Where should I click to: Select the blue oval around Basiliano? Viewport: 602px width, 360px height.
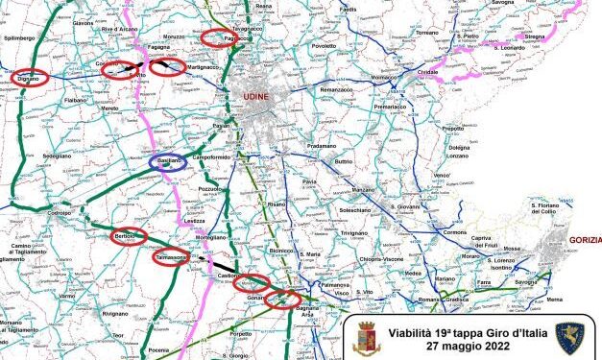tap(168, 163)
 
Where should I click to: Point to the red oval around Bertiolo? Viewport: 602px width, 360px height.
tap(128, 236)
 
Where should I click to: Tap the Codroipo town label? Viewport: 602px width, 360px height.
tap(60, 212)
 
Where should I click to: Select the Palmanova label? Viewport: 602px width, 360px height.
tap(332, 285)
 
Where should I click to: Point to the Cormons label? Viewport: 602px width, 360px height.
tap(455, 233)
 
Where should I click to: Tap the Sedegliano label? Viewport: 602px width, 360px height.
tap(56, 155)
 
